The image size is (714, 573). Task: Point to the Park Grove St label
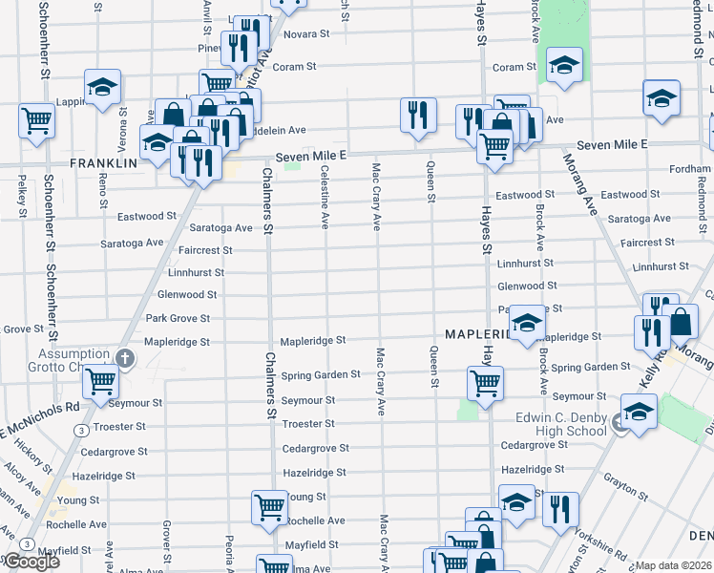[x=177, y=318]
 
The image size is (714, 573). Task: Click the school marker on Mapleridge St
[x=525, y=322]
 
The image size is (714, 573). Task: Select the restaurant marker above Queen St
[x=417, y=114]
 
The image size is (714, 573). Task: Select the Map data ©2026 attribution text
[x=674, y=565]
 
